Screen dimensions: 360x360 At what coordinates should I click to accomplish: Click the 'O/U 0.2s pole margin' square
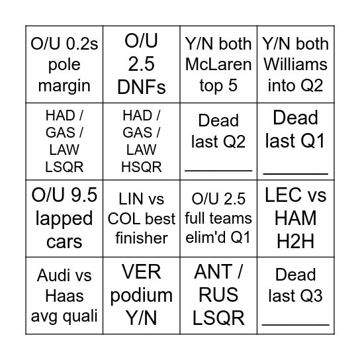pos(64,64)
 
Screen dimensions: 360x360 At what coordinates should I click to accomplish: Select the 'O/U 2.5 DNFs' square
pos(142,64)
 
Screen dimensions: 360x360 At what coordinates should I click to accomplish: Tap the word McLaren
pos(218,64)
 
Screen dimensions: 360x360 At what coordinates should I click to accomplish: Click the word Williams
pos(296,64)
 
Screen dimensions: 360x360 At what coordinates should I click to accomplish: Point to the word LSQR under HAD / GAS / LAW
pos(64,167)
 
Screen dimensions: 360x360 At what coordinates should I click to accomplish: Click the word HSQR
pos(142,167)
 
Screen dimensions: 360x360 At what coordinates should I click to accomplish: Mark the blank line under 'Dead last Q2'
pos(218,171)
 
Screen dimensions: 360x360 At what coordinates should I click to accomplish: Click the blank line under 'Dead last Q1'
pos(296,174)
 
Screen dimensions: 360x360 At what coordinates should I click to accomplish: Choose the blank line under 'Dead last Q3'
pos(296,325)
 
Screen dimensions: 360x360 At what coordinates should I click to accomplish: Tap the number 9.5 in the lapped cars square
pos(84,195)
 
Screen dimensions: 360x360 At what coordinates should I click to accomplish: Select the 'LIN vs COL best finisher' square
pos(142,218)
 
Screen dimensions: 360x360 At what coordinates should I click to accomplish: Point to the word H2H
pos(296,242)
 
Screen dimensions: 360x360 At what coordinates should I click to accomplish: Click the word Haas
pos(64,296)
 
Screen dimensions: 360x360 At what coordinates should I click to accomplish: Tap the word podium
pos(142,296)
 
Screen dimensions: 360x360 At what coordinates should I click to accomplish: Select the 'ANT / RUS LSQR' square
pos(218,296)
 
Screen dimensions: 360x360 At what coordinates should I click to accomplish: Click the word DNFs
pos(142,87)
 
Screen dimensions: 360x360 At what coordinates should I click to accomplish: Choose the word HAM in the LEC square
pos(296,218)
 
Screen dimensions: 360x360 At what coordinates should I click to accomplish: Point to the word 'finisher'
pos(142,238)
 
